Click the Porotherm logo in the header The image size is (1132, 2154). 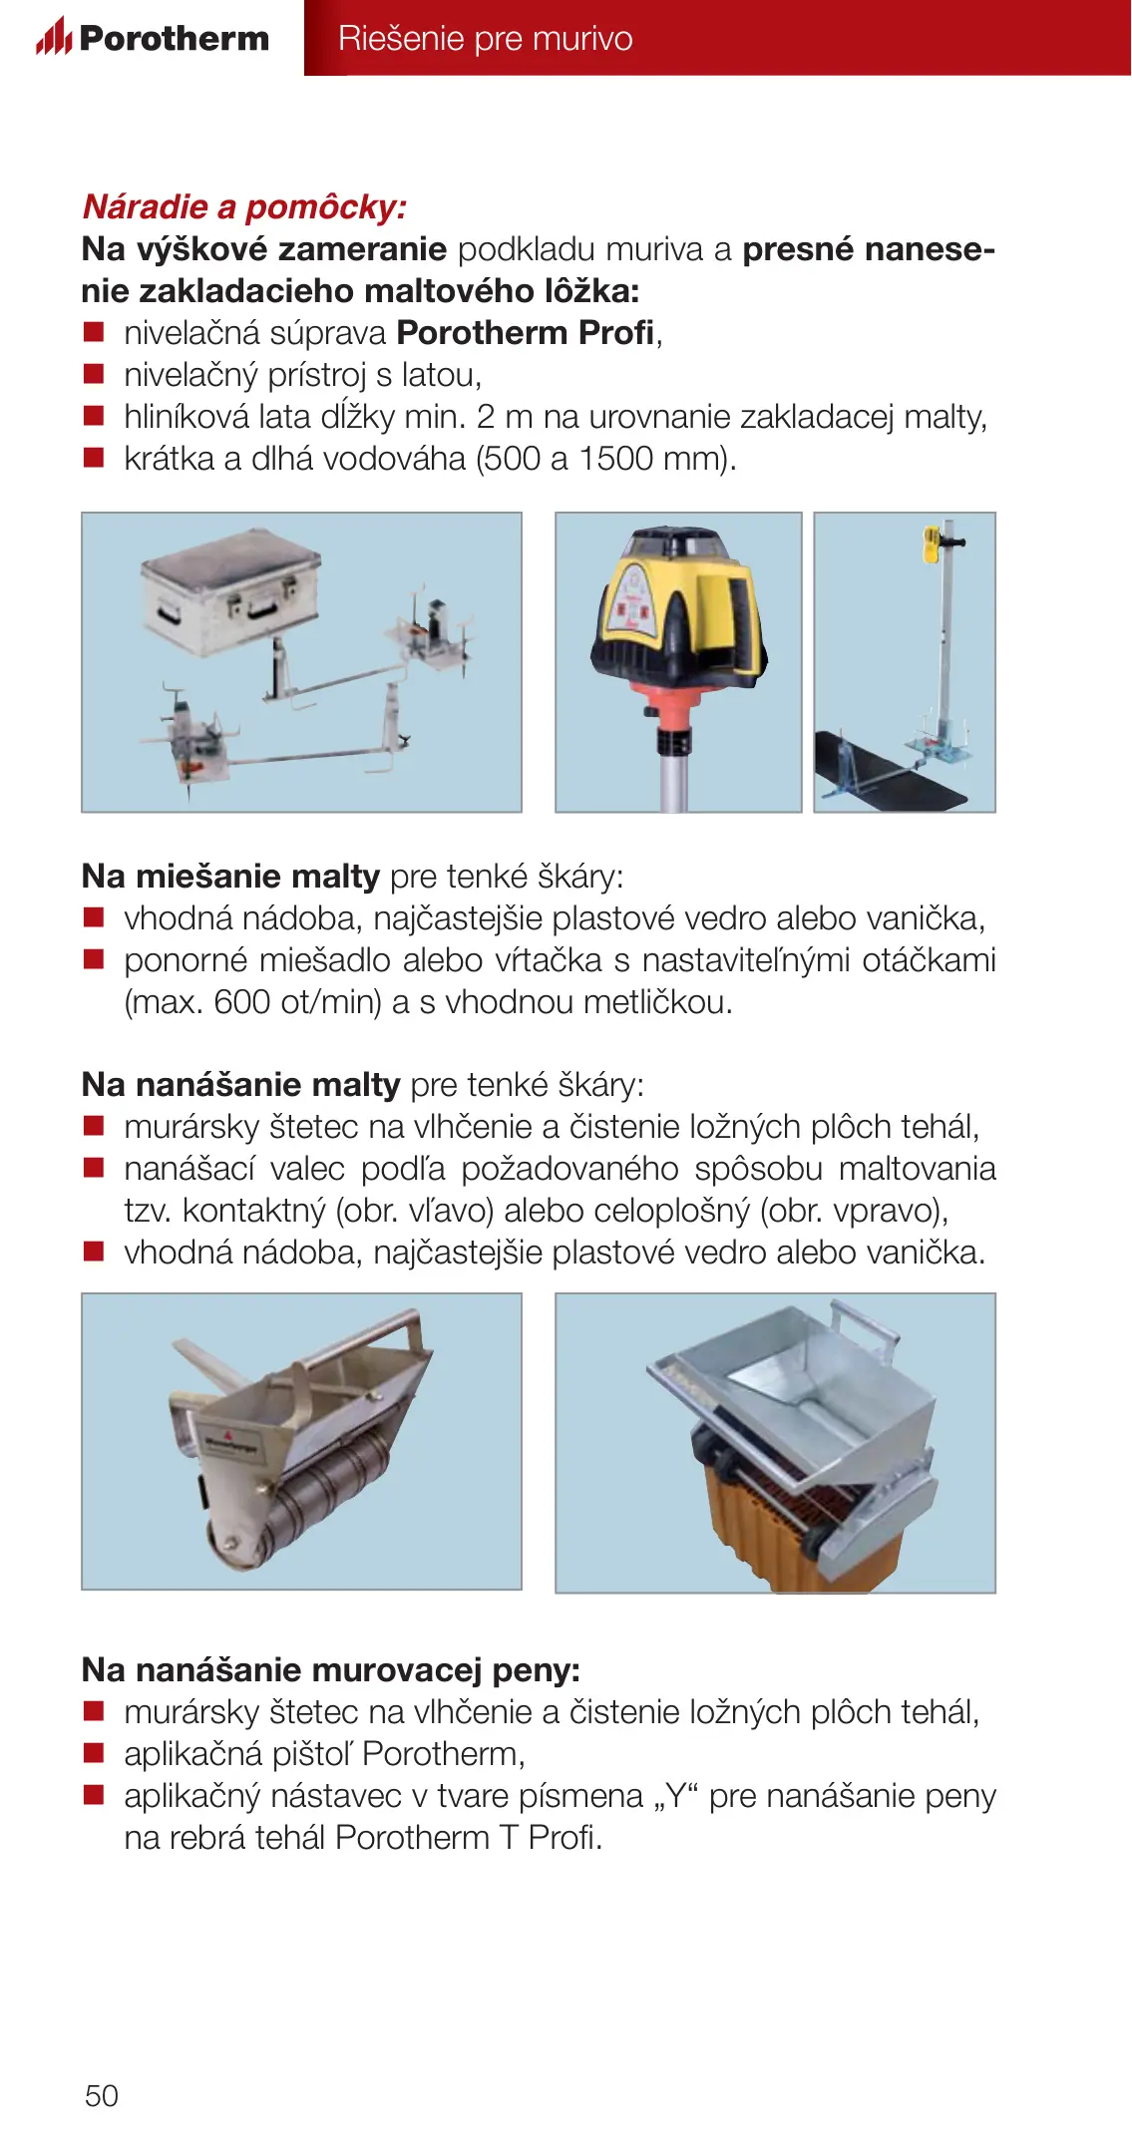tap(153, 37)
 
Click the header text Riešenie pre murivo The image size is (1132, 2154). tap(485, 38)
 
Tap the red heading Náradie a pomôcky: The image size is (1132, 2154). tap(244, 206)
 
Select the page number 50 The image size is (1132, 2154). tap(102, 2095)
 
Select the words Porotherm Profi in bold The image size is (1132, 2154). tap(526, 333)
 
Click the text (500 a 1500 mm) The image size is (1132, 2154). tap(605, 459)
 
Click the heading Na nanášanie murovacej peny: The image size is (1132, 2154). tap(331, 1669)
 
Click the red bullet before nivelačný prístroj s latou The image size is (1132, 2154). tap(94, 374)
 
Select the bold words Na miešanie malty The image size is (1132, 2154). tap(230, 877)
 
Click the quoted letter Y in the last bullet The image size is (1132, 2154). tap(678, 1795)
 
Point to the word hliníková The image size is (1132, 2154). tap(187, 416)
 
